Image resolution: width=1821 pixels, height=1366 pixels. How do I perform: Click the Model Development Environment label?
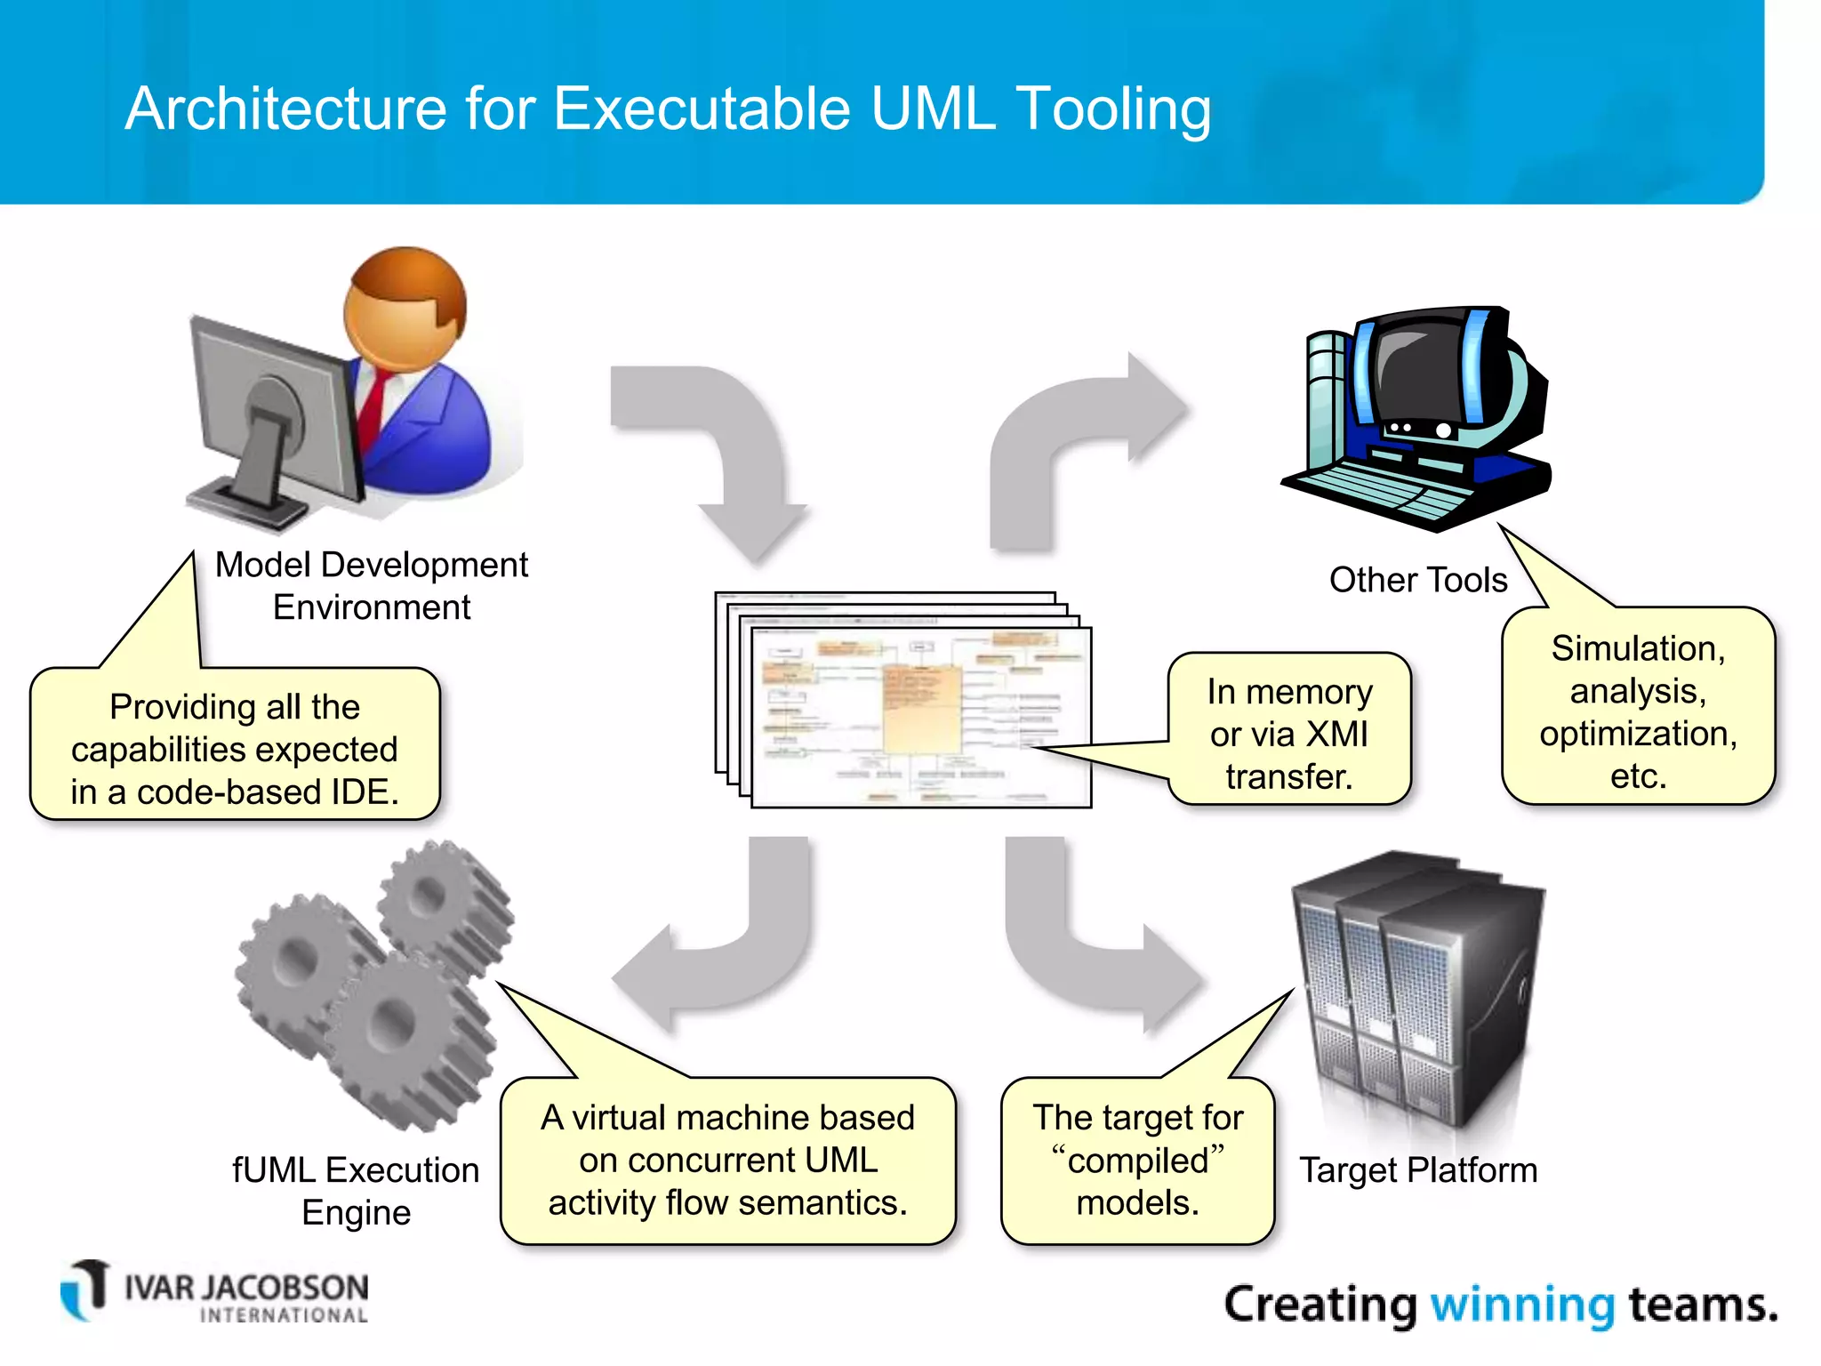(372, 586)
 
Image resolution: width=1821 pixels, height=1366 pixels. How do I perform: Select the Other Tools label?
(1417, 580)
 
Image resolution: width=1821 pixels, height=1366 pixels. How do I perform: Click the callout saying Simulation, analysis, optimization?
(1638, 711)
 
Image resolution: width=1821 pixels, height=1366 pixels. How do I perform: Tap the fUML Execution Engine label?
(356, 1191)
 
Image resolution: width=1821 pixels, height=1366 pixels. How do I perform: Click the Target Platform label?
(1418, 1170)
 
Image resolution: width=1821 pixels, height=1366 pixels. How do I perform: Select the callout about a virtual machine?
(727, 1160)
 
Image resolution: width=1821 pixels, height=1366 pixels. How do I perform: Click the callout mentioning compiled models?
(1137, 1160)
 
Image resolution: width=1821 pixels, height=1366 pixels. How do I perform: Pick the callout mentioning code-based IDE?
(235, 749)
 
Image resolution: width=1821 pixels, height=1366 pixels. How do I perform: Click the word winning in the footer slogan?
(1521, 1306)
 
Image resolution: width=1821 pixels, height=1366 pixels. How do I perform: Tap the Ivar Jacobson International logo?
(213, 1292)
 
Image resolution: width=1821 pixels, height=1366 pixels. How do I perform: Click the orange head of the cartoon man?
(405, 307)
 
